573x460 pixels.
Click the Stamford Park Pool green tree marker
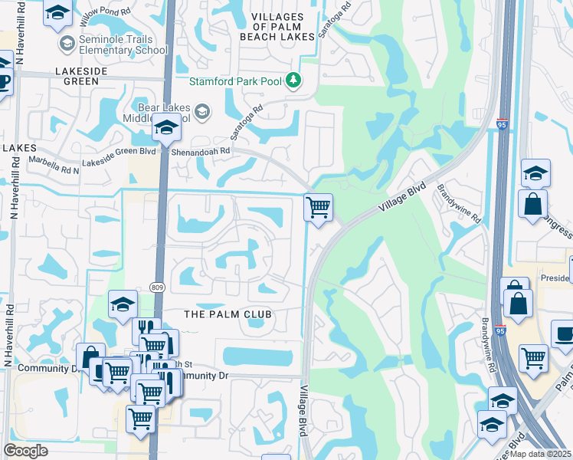point(292,80)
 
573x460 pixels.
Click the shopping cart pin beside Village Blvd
point(318,206)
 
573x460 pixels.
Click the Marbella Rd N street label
point(54,162)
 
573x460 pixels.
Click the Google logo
point(25,451)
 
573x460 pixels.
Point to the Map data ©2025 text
point(539,454)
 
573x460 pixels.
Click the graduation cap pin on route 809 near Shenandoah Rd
point(165,129)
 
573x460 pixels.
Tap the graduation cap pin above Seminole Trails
point(57,14)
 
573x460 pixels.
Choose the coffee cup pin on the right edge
point(564,335)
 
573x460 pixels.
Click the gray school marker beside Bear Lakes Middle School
point(201,113)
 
